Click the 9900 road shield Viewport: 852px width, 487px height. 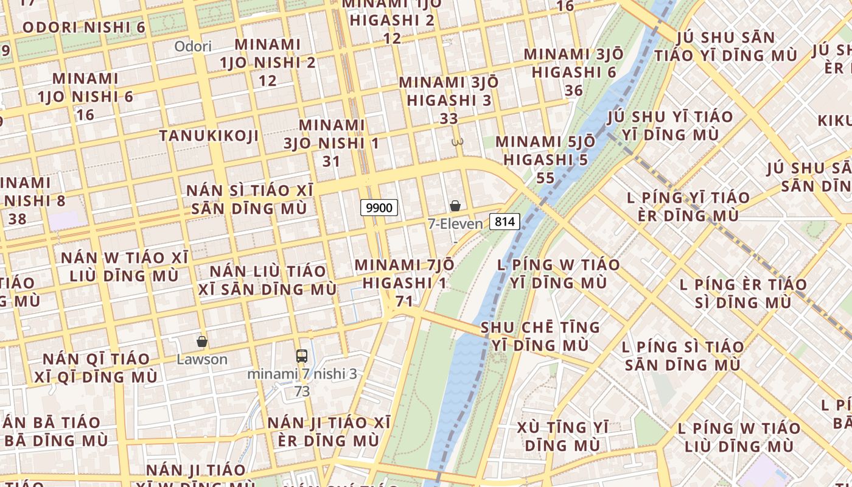tap(379, 208)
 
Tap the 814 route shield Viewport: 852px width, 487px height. tap(505, 222)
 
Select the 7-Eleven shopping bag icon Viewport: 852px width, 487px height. tap(455, 206)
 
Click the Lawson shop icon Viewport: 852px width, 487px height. tap(202, 342)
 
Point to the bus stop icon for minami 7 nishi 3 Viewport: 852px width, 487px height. tap(302, 356)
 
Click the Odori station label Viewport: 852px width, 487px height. tap(193, 46)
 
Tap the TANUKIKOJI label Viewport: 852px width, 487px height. tap(209, 136)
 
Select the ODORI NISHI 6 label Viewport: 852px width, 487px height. tap(84, 27)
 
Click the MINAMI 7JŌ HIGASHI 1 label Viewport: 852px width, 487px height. tap(404, 274)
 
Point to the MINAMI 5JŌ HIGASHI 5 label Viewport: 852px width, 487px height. tap(546, 151)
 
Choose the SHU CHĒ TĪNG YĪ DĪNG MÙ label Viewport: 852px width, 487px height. tap(540, 336)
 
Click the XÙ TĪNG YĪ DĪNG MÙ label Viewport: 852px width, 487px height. tap(562, 436)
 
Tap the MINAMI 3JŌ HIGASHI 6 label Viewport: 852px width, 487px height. tap(573, 63)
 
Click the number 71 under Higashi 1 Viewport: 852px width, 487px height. tap(404, 301)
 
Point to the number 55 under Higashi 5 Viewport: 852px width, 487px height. tap(546, 178)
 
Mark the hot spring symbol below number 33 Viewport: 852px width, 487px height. tap(457, 142)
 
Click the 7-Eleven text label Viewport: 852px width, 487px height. tap(455, 224)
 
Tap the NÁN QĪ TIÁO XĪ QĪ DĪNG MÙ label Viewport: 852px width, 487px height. tap(96, 368)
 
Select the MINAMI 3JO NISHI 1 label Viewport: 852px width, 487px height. tap(332, 134)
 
